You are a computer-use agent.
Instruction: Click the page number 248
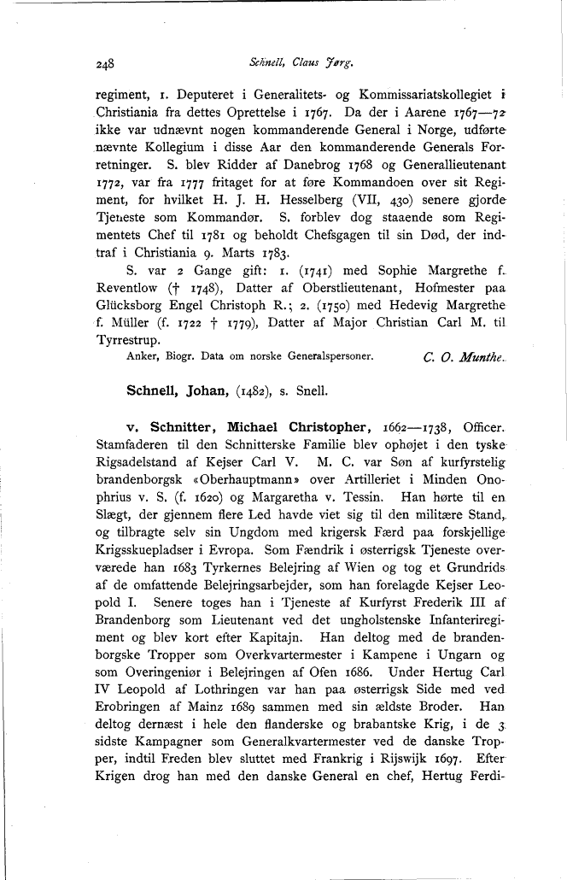tap(106, 63)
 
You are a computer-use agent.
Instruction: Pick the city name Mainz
tap(205, 780)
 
